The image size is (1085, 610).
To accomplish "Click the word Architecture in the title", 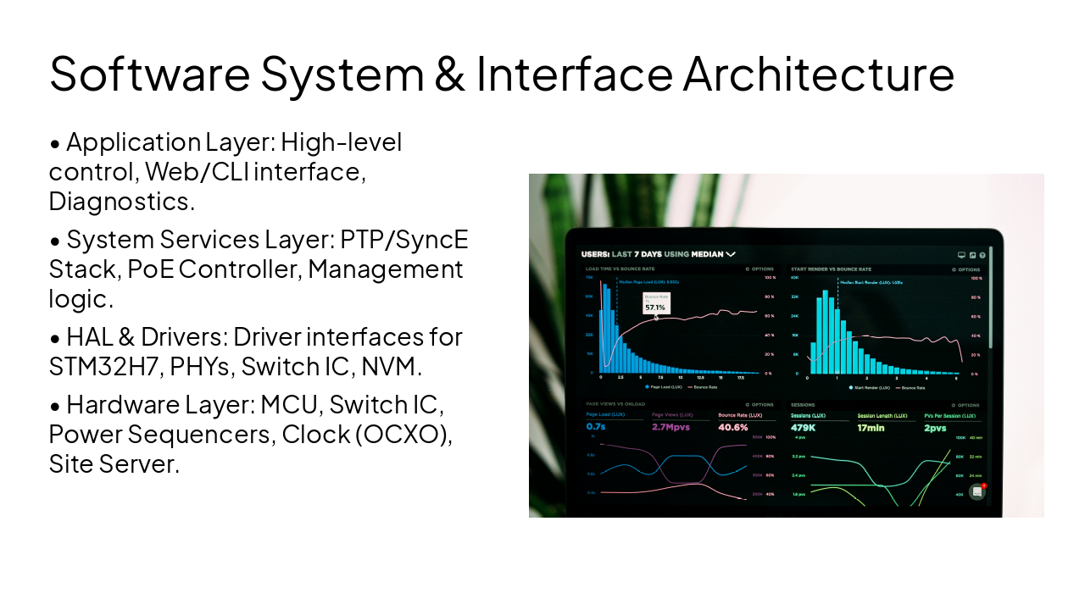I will click(818, 73).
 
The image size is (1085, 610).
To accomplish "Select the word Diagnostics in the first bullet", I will click(121, 202).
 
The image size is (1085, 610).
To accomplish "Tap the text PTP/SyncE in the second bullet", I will click(404, 240).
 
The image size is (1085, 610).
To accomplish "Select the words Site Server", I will click(114, 463).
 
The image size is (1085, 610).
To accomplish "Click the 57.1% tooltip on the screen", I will click(655, 307).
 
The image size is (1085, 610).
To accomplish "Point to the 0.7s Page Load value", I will click(595, 427).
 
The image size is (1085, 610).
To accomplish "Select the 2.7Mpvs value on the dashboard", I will click(670, 427).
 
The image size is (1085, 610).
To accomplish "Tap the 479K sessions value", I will click(803, 427).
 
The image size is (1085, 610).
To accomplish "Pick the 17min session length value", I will click(871, 427).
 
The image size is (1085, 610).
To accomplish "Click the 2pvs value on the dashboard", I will click(934, 427).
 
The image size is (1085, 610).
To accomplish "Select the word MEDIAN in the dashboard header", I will click(707, 253).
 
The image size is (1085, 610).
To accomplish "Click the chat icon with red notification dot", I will click(977, 491).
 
